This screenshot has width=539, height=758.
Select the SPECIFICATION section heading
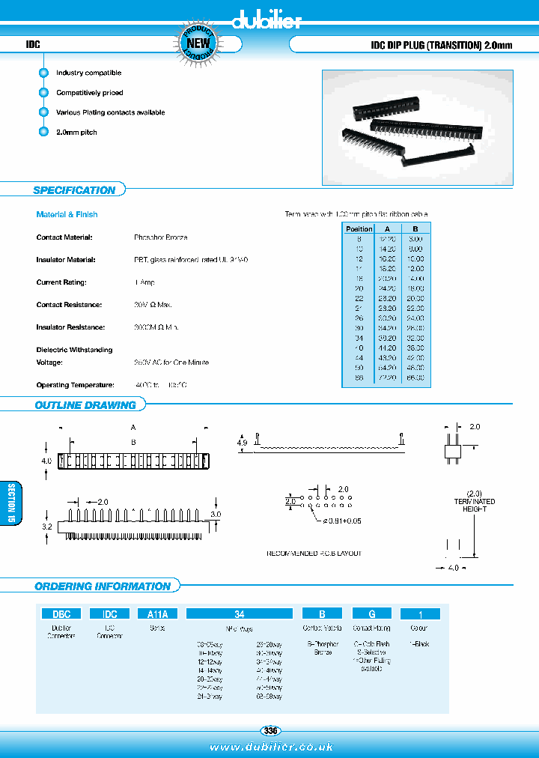pyautogui.click(x=74, y=190)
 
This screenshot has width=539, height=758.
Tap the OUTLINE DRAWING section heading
pyautogui.click(x=85, y=405)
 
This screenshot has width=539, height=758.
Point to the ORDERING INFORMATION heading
pyautogui.click(x=103, y=586)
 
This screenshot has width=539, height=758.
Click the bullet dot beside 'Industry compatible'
pyautogui.click(x=43, y=73)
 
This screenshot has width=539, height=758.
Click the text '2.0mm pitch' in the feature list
pyautogui.click(x=76, y=133)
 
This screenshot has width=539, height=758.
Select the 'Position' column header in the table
pyautogui.click(x=359, y=229)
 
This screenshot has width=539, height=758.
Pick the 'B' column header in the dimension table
pyautogui.click(x=415, y=229)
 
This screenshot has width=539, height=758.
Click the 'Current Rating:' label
pyautogui.click(x=61, y=282)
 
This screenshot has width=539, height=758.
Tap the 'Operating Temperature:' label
pyautogui.click(x=75, y=385)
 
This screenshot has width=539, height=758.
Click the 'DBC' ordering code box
pyautogui.click(x=61, y=613)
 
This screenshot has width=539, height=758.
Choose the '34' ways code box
pyautogui.click(x=239, y=613)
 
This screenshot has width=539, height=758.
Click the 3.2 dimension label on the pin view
pyautogui.click(x=46, y=527)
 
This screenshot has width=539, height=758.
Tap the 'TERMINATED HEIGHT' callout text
pyautogui.click(x=474, y=506)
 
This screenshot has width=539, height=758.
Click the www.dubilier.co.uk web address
pyautogui.click(x=271, y=747)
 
